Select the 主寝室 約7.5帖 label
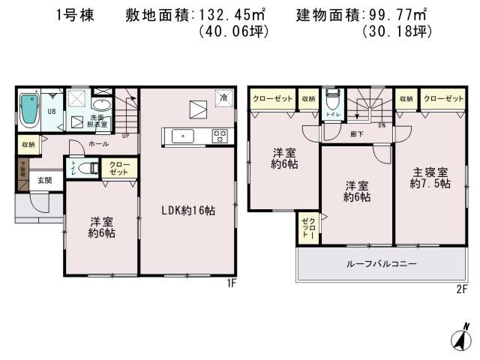(x=430, y=177)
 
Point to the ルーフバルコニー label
(x=381, y=264)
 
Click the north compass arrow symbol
(x=459, y=337)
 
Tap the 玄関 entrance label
(x=45, y=180)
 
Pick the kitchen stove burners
(x=220, y=136)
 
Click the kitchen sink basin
(x=182, y=136)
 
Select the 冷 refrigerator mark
(x=223, y=97)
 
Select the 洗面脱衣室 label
(x=98, y=120)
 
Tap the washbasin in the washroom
(x=105, y=104)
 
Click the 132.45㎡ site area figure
(x=227, y=15)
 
